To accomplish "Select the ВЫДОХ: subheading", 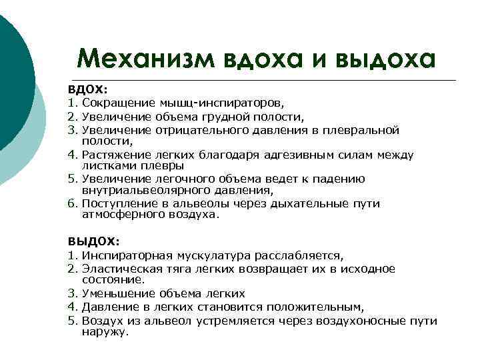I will click(x=93, y=241).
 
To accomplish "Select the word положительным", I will click(x=315, y=307).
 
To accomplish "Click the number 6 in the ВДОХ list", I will click(x=70, y=203).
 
